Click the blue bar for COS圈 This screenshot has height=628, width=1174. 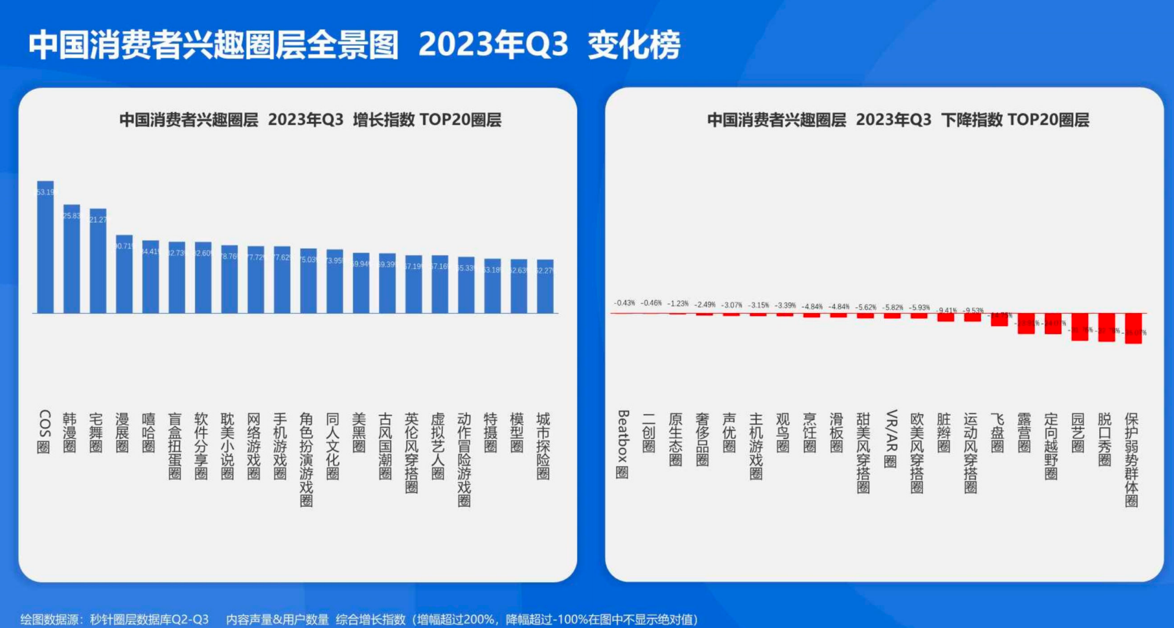pyautogui.click(x=45, y=247)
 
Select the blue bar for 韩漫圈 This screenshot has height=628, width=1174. pyautogui.click(x=71, y=258)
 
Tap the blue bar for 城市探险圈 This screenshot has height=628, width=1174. pyautogui.click(x=545, y=286)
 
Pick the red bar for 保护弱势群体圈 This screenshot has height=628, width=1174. pyautogui.click(x=1133, y=328)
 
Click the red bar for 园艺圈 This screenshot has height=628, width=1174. pyautogui.click(x=1079, y=326)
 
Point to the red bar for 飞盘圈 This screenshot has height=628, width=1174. pyautogui.click(x=999, y=319)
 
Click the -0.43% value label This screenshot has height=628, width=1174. pyautogui.click(x=624, y=303)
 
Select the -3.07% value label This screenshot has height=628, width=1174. pyautogui.click(x=732, y=305)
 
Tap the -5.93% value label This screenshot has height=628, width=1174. pyautogui.click(x=919, y=307)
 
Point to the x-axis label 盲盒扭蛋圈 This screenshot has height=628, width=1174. pyautogui.click(x=175, y=446)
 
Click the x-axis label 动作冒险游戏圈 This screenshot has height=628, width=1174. pyautogui.click(x=464, y=459)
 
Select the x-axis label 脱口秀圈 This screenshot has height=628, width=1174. pyautogui.click(x=1105, y=439)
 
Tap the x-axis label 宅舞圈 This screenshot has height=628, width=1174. pyautogui.click(x=96, y=433)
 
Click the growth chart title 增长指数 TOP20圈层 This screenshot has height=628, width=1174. pyautogui.click(x=427, y=120)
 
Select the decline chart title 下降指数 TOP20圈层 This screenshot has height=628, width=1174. pyautogui.click(x=1015, y=120)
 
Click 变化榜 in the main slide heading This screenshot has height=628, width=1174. pyautogui.click(x=634, y=45)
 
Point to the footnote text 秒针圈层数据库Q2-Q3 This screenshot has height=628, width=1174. pyautogui.click(x=149, y=619)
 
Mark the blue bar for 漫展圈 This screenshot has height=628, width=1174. pyautogui.click(x=124, y=274)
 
